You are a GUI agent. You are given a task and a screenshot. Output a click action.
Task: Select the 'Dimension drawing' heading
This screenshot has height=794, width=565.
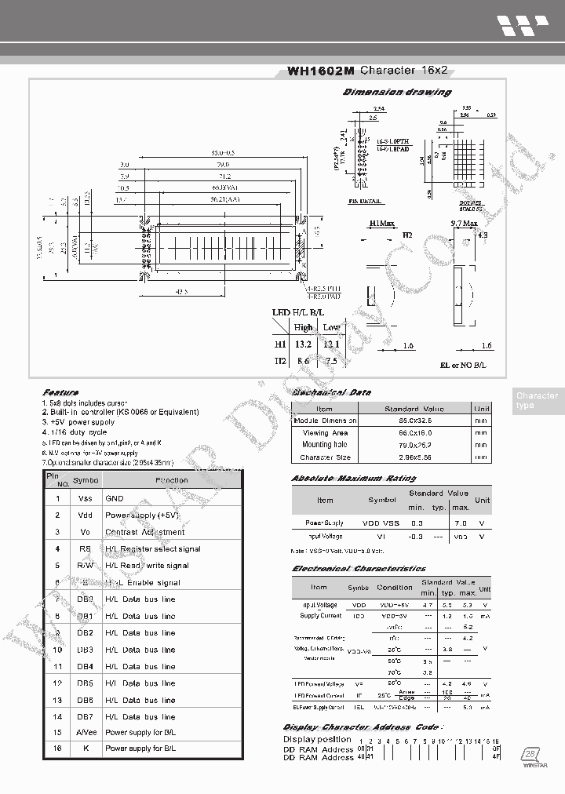click(x=397, y=92)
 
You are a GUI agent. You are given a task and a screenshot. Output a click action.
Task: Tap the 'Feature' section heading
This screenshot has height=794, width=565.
click(x=60, y=392)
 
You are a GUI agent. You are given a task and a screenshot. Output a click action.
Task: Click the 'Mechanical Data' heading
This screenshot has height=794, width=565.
click(x=331, y=392)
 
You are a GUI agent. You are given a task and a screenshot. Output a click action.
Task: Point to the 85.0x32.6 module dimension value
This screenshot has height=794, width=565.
click(x=414, y=421)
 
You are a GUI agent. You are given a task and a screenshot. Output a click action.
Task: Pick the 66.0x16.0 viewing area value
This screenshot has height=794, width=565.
click(x=414, y=432)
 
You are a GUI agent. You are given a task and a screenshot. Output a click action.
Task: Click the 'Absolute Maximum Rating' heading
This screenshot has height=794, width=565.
click(x=353, y=478)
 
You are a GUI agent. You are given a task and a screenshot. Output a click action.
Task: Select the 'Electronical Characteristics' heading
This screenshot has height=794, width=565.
click(x=359, y=568)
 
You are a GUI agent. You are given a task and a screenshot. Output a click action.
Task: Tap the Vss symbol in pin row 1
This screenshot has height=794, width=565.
click(x=86, y=498)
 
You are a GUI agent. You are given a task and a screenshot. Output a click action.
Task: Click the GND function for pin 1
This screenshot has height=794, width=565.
click(x=115, y=498)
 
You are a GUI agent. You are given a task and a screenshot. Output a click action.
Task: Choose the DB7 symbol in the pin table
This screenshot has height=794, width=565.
click(x=86, y=716)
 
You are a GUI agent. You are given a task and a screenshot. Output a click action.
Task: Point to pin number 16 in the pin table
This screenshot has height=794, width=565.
click(x=57, y=748)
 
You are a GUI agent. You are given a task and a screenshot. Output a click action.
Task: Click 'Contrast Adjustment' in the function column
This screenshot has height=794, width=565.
click(x=144, y=532)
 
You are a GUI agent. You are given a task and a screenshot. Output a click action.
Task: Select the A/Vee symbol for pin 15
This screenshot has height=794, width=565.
click(x=86, y=732)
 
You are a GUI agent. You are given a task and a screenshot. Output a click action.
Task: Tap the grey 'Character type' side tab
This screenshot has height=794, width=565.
click(x=537, y=400)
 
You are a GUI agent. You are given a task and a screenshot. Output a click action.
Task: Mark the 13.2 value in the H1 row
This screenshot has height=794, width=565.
click(x=303, y=344)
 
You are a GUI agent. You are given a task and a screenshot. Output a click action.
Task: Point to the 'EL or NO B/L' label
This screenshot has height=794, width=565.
click(x=463, y=366)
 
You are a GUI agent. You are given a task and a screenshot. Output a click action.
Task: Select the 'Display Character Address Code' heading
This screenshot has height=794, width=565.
click(x=361, y=727)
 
